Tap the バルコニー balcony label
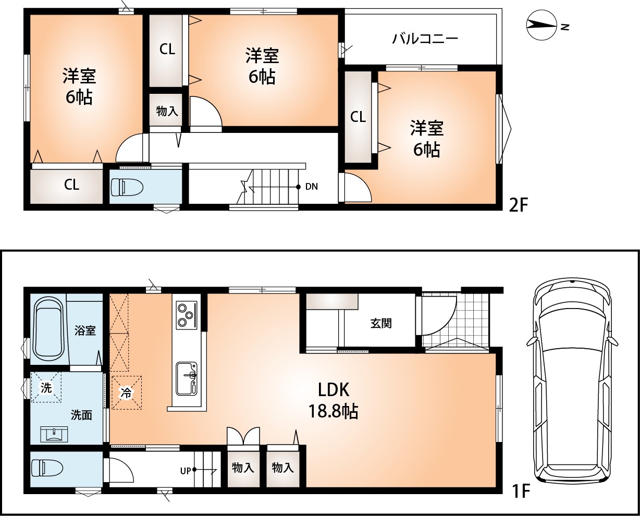(x=425, y=39)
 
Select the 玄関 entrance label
(x=381, y=324)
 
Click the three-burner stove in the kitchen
(x=186, y=315)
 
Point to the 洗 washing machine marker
(x=46, y=388)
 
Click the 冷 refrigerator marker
(x=127, y=393)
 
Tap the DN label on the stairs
(x=312, y=187)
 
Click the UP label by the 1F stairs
(x=185, y=471)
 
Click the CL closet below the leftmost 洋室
(x=71, y=185)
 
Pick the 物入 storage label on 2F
(x=167, y=111)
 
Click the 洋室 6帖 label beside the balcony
(x=426, y=139)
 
